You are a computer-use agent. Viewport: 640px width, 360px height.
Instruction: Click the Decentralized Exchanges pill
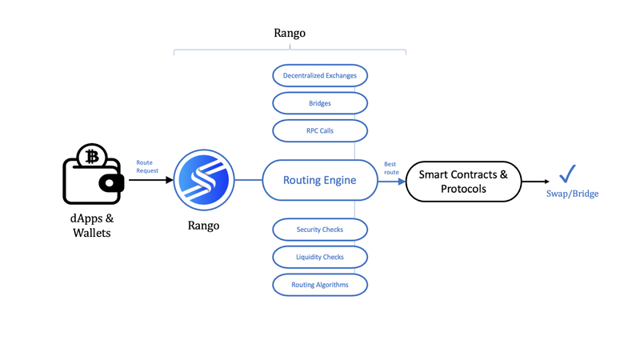(320, 75)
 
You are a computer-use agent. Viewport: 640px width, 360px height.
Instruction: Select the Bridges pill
(320, 103)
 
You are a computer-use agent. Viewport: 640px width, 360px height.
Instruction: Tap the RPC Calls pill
(320, 130)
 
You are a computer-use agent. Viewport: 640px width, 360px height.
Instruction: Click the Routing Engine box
(320, 180)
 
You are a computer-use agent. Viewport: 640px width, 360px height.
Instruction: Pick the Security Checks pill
(320, 230)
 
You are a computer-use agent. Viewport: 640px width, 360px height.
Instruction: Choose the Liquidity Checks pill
(320, 257)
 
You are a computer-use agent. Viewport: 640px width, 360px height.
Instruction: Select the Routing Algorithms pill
(320, 285)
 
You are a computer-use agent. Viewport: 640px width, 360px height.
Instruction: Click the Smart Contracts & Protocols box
(463, 182)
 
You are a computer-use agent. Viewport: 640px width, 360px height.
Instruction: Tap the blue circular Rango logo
(204, 180)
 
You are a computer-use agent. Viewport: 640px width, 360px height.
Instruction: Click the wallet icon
(93, 174)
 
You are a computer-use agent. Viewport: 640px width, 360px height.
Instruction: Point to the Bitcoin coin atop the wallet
(92, 156)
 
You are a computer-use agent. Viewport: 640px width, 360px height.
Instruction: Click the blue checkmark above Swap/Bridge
(567, 174)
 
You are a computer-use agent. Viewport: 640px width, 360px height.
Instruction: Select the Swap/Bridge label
(572, 194)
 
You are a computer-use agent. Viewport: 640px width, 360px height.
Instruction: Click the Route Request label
(147, 166)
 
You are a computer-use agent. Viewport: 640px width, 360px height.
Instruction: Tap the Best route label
(391, 168)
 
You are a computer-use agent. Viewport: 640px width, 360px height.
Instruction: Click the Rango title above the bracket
(290, 33)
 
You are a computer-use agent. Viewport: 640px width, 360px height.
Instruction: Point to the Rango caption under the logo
(204, 226)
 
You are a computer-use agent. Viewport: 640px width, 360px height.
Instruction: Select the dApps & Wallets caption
(92, 226)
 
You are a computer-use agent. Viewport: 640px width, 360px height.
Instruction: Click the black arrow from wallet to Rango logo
(151, 179)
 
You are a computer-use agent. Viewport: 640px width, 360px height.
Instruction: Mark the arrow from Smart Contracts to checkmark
(535, 182)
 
